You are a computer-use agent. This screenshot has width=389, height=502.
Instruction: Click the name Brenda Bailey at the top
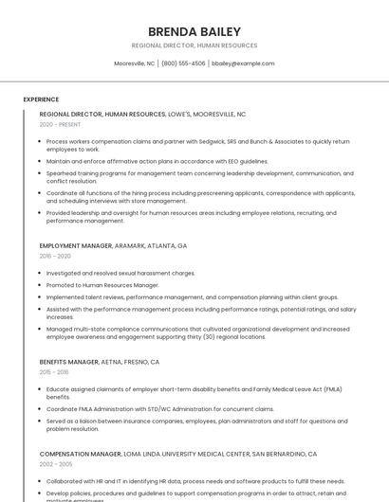click(194, 31)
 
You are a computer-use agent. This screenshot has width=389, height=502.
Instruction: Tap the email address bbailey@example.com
click(243, 63)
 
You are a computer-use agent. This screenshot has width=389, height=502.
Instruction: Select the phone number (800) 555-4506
click(183, 63)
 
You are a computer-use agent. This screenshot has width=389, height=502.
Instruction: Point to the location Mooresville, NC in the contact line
click(134, 63)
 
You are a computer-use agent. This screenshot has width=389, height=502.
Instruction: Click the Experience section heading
click(41, 99)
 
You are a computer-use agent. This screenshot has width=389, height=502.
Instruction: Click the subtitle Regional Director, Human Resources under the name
click(194, 45)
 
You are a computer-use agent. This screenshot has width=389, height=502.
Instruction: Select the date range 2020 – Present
click(60, 124)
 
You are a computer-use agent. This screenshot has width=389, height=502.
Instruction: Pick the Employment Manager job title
click(76, 245)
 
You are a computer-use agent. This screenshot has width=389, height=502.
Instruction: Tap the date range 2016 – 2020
click(55, 256)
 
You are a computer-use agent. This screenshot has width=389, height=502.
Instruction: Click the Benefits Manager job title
click(69, 362)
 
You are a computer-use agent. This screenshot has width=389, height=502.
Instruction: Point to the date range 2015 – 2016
click(54, 372)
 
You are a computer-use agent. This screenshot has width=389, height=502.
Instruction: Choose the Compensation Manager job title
click(81, 454)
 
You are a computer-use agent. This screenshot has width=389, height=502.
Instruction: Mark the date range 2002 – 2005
click(55, 464)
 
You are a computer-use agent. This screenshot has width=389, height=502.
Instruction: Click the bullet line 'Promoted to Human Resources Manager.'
click(102, 285)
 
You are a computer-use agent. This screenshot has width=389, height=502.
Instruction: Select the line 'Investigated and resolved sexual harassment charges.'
click(120, 273)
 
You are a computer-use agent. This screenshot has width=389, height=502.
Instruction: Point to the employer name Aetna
click(113, 362)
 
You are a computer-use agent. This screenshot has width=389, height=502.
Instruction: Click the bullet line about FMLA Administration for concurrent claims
click(159, 409)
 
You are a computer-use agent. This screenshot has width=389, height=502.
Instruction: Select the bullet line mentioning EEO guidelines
click(157, 161)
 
